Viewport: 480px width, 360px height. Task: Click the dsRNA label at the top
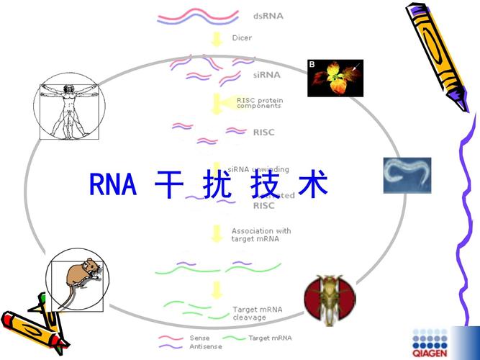click(268, 16)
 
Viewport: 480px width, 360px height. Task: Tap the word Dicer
click(242, 38)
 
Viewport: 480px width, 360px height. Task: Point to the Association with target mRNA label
click(261, 235)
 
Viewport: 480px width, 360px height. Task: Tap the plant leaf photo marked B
click(335, 78)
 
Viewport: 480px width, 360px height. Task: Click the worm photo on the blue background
click(407, 176)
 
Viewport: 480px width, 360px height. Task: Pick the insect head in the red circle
click(330, 300)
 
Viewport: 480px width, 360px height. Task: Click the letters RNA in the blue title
click(113, 184)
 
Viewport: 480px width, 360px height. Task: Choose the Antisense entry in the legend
click(205, 346)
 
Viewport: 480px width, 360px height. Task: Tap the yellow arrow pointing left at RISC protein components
click(223, 103)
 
